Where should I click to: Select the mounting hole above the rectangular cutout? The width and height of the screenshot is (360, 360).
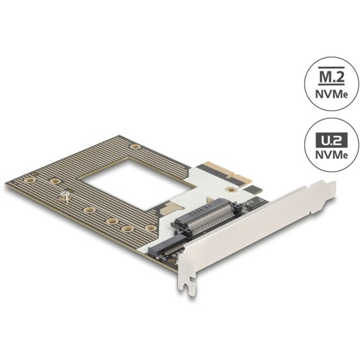(x=135, y=147)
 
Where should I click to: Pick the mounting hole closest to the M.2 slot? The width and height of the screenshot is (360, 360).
(x=150, y=228)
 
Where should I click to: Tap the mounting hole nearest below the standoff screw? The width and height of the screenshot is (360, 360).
(x=89, y=210)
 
